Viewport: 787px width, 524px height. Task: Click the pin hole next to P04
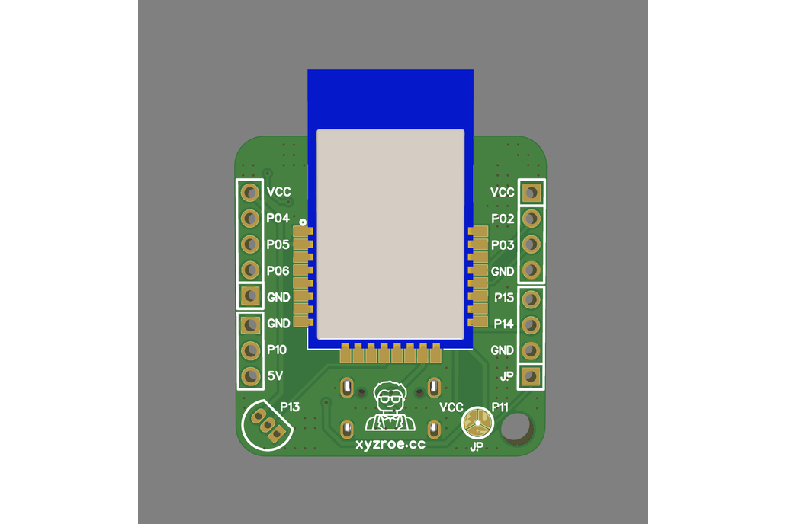(x=250, y=218)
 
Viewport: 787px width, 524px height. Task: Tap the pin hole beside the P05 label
(x=250, y=244)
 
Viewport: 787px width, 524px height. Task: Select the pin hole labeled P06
(x=250, y=270)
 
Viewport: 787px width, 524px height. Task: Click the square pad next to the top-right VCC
(x=531, y=192)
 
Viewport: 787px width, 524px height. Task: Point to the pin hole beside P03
(x=531, y=244)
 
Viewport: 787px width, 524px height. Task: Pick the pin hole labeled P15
(x=531, y=299)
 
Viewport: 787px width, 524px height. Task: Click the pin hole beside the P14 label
(x=531, y=325)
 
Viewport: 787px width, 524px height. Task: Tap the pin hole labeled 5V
(x=250, y=375)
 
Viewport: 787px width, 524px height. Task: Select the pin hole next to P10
(x=250, y=350)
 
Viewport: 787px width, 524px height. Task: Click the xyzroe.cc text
(x=390, y=444)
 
